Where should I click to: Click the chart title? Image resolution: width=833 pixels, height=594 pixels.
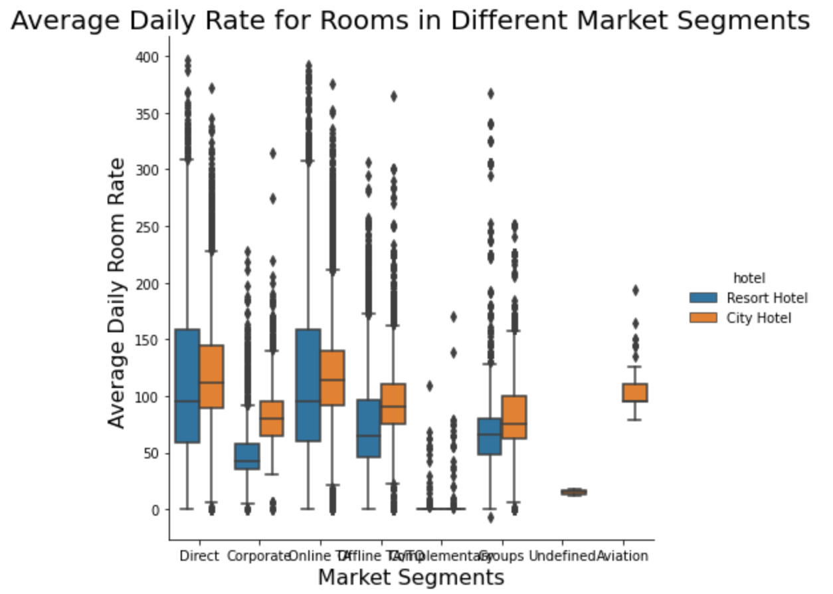tap(410, 21)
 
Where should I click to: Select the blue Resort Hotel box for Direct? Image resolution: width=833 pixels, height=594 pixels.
tap(187, 385)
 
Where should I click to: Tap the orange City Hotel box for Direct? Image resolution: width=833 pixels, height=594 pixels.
tap(211, 376)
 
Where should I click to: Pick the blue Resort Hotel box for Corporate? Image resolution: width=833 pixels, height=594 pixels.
tap(248, 456)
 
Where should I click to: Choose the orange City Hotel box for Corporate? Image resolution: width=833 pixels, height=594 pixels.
tap(271, 418)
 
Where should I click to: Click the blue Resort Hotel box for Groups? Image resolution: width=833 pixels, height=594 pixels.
tap(490, 436)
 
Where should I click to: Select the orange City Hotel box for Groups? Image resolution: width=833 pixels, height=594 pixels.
tap(513, 417)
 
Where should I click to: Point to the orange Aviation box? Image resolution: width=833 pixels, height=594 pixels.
tap(635, 392)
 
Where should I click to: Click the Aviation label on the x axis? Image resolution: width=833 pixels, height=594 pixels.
tap(622, 556)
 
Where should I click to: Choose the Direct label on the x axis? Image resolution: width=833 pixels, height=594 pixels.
tap(199, 556)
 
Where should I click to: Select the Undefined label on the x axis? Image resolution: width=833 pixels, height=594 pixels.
tap(562, 556)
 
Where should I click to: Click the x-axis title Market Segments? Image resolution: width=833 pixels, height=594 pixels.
tap(411, 577)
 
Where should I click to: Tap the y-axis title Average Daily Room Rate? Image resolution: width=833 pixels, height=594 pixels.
tap(117, 293)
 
